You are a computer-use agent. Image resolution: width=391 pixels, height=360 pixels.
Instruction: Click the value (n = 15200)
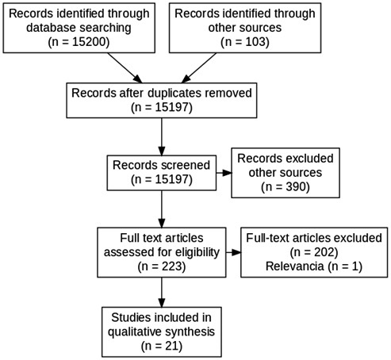[x=79, y=42]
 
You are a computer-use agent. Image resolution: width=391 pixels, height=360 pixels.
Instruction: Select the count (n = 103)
[x=245, y=42]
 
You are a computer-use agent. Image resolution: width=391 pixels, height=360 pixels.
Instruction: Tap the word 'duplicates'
[x=180, y=94]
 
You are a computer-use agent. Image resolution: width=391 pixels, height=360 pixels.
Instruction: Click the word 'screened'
[x=186, y=165]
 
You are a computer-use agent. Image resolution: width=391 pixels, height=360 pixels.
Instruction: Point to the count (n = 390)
[x=286, y=186]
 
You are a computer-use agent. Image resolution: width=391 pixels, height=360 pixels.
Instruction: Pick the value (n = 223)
[x=162, y=266]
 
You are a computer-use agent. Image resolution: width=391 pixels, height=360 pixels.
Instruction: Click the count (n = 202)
[x=314, y=252]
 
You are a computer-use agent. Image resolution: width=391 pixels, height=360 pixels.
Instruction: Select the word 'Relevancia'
[x=294, y=266]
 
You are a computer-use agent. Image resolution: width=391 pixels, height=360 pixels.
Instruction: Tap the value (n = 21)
[x=162, y=346]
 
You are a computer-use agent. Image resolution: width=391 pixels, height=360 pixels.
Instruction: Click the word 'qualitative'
[x=134, y=331]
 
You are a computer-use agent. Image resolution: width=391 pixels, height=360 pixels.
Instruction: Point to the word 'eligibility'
[x=197, y=252]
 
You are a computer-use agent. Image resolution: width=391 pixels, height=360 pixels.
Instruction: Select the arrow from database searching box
[x=125, y=67]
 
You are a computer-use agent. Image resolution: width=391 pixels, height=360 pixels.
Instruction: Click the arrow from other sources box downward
[x=198, y=67]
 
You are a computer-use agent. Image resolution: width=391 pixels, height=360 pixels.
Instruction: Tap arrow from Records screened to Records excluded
[x=224, y=173]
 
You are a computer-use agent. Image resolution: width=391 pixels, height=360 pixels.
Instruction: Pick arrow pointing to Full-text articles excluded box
[x=233, y=252]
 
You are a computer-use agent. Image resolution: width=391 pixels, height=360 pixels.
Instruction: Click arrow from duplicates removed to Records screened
[x=162, y=136]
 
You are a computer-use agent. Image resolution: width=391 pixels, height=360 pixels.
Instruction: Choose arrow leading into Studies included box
[x=162, y=292]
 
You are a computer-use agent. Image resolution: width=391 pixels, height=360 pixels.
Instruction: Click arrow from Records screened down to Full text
[x=162, y=209]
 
